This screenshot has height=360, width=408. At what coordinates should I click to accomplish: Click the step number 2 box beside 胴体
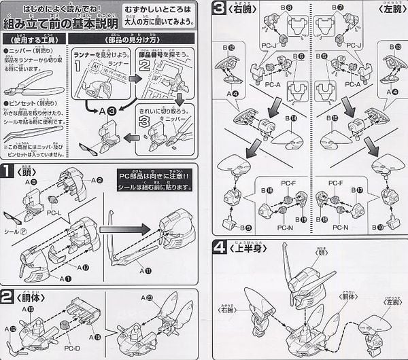(7, 296)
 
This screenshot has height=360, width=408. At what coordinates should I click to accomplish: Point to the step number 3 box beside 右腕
(218, 8)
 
